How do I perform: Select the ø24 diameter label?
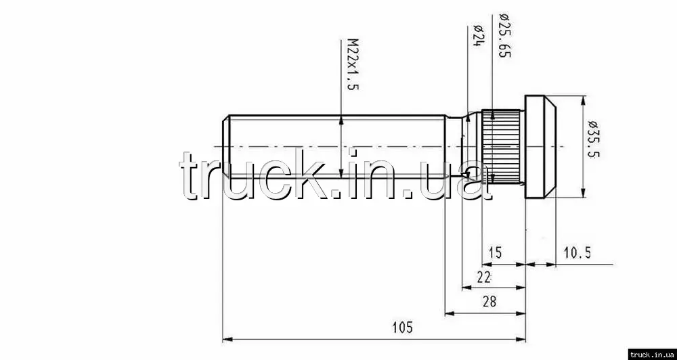point(477,37)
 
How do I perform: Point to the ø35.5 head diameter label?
point(594,138)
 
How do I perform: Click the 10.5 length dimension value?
point(577,252)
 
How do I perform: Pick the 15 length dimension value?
point(496,252)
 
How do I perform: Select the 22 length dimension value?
point(484,277)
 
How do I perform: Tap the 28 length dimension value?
point(489,301)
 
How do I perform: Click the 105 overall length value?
point(402,328)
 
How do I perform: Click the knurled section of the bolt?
point(501,147)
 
